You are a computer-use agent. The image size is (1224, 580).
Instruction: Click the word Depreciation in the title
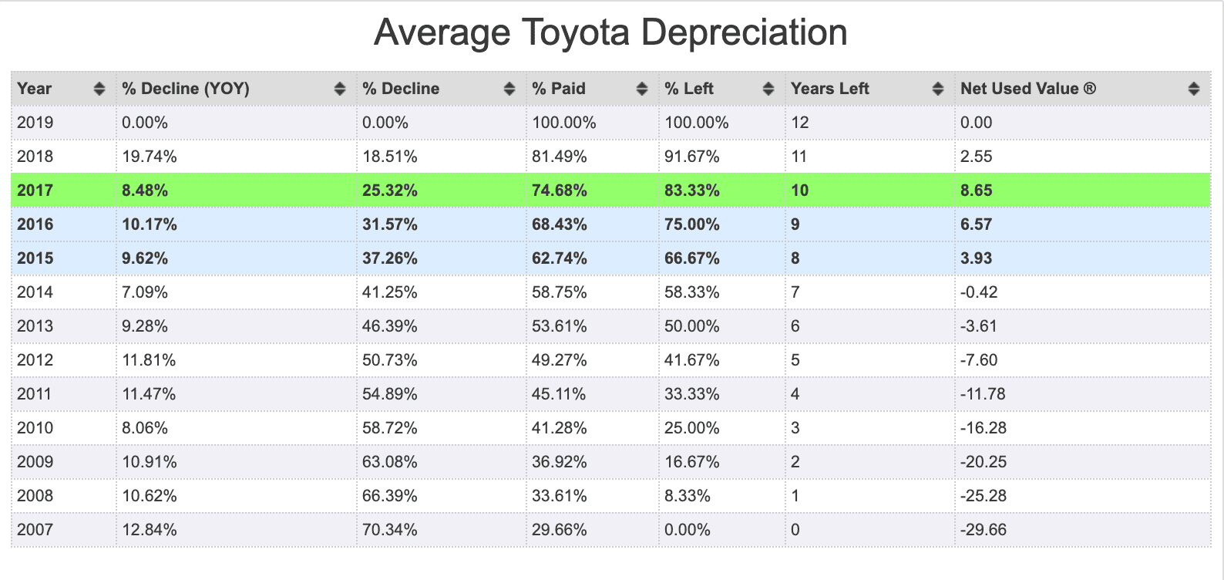coord(744,33)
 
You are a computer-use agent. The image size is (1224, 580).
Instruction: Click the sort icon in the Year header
coord(99,89)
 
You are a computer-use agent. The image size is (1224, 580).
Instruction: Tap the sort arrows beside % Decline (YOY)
coord(339,89)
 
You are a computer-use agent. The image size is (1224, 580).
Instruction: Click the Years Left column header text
coord(829,89)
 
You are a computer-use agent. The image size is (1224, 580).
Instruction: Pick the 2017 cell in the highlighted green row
coord(35,191)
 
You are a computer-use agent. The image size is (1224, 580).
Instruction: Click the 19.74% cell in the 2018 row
coord(150,157)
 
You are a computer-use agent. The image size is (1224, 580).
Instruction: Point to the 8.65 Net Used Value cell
coord(976,191)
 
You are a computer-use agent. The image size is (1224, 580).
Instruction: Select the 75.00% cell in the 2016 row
coord(692,224)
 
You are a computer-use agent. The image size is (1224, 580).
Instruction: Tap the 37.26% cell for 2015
coord(389,258)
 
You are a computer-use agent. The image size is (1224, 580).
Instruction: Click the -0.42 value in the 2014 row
coord(979,292)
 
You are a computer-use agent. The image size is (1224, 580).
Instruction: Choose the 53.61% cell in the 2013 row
coord(559,325)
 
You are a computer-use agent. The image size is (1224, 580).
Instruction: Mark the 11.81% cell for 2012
coord(149,359)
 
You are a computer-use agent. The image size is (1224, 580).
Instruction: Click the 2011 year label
coord(34,393)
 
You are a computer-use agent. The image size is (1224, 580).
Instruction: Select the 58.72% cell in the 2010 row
coord(389,427)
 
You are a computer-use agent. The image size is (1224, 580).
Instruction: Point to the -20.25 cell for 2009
coord(983,461)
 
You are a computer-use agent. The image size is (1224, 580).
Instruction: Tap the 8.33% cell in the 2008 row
coord(688,495)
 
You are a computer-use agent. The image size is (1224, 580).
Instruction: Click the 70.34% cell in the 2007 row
coord(389,529)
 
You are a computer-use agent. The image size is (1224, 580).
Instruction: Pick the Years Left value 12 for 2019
coord(800,123)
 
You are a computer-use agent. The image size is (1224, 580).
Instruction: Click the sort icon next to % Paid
coord(642,89)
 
